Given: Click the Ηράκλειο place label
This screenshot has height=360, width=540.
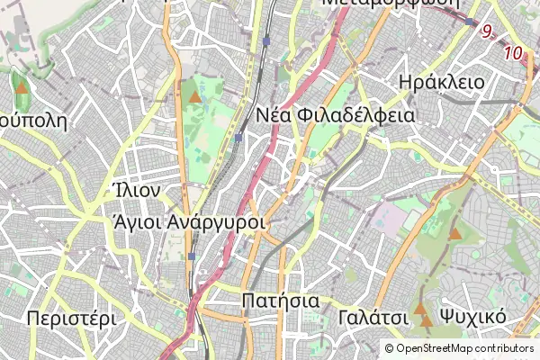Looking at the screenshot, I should pos(440,82).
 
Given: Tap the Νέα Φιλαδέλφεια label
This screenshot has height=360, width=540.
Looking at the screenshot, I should pos(335,115).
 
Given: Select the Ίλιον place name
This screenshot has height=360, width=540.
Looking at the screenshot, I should pos(137,191).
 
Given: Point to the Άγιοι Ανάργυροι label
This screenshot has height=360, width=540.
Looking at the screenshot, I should pos(190,221).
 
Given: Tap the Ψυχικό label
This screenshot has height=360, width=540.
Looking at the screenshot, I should pos(472,318).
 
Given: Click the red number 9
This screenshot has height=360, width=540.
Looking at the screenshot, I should pos(487,31).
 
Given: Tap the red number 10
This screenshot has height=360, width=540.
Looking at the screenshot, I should pos(513,53).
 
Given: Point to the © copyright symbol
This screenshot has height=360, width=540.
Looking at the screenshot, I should pos(390,348).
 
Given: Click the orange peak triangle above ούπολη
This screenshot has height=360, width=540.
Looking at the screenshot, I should pos(21,88).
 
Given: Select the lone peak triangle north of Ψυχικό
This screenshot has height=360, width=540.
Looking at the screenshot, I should pos(454,234).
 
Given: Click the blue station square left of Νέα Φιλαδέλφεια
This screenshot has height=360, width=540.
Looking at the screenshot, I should pos(238,138).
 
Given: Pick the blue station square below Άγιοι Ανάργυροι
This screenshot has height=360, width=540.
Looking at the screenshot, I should pos(192,256).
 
